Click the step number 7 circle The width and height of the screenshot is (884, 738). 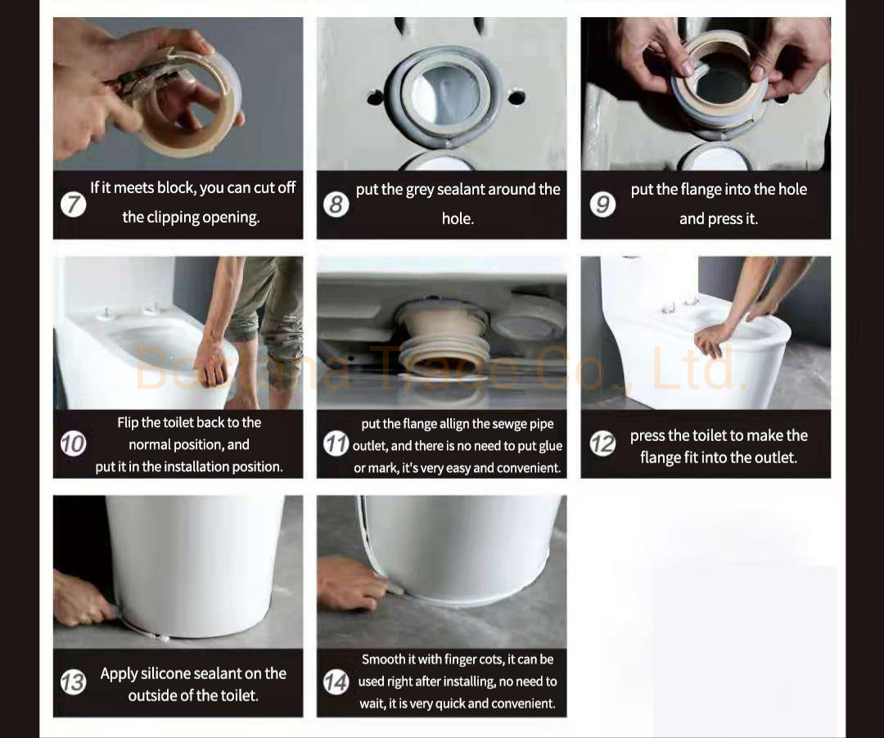74,204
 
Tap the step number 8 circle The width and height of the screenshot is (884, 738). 336,204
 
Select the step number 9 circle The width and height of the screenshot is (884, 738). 602,204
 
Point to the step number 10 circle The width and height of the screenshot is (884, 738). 74,444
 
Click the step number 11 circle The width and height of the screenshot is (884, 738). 336,444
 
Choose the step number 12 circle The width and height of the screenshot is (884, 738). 603,444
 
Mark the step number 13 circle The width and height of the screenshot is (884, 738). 74,682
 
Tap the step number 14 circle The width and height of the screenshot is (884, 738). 336,682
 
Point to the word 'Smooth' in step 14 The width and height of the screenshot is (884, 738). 383,659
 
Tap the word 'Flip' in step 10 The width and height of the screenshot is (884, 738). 128,423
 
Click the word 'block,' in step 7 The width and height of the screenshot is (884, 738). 175,188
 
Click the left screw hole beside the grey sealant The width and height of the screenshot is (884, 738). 375,98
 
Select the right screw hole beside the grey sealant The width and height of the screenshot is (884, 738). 516,97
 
